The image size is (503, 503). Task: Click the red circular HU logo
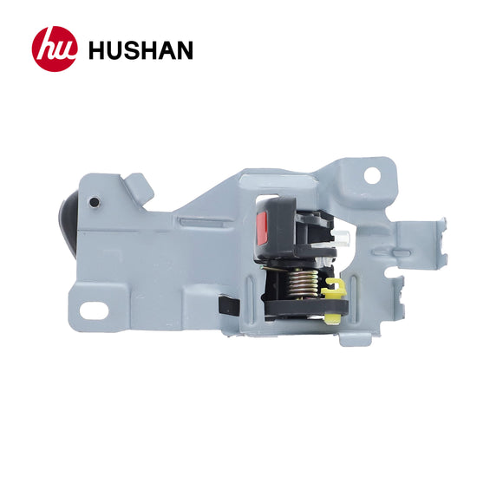pos(55,49)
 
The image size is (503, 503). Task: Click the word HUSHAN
pos(140,49)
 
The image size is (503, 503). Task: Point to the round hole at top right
pos(370,173)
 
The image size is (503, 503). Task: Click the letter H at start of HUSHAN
pos(96,49)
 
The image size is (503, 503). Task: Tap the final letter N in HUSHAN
pos(183,49)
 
